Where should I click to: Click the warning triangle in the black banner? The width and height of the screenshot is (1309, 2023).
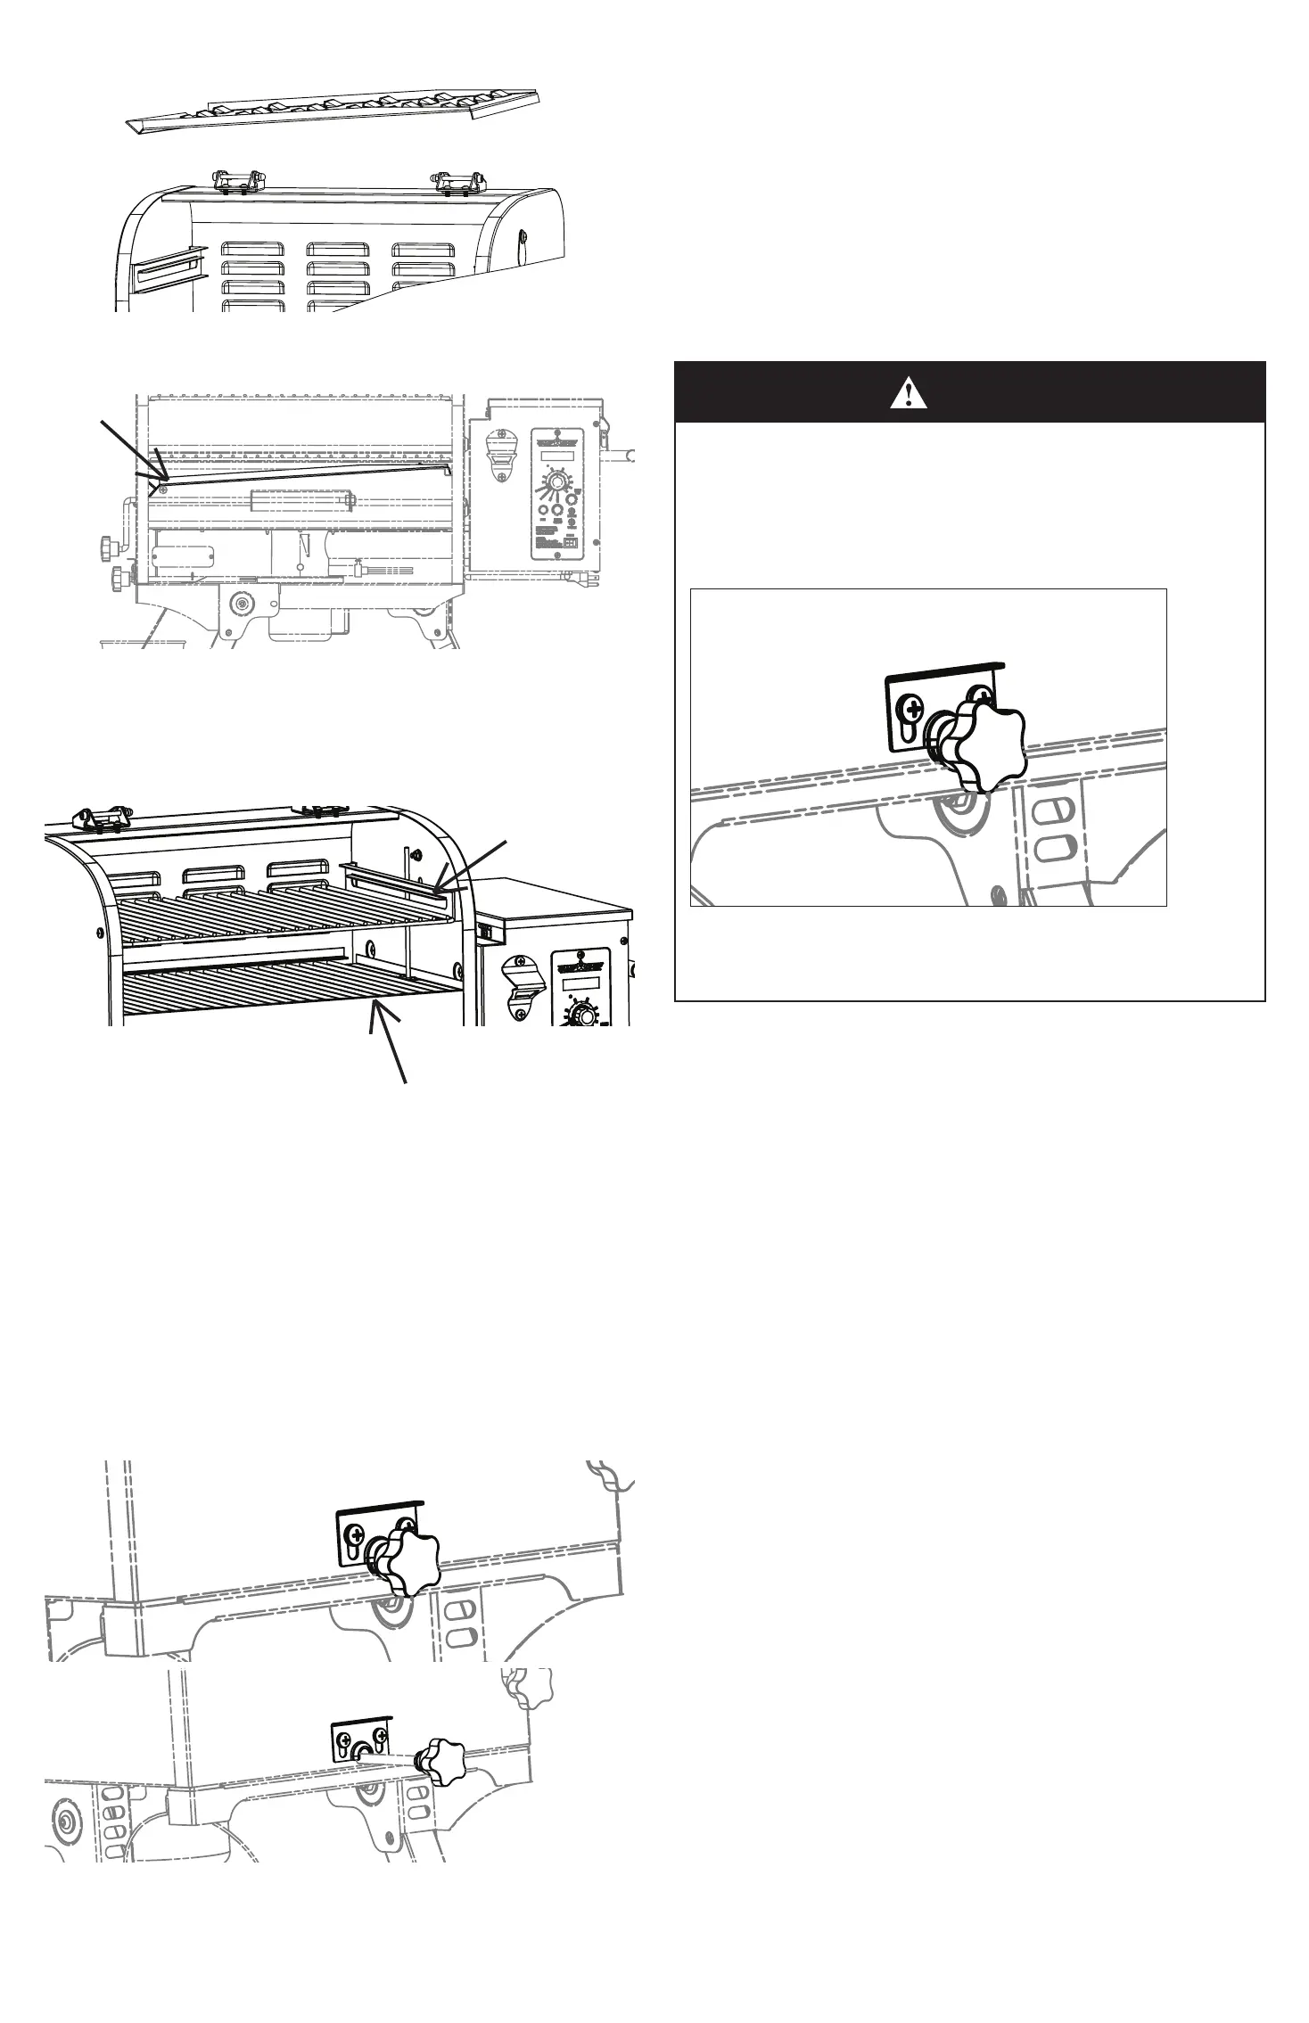point(908,392)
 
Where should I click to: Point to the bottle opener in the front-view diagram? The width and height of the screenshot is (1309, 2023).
point(502,458)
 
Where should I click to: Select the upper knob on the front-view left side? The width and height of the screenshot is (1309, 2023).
point(108,544)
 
